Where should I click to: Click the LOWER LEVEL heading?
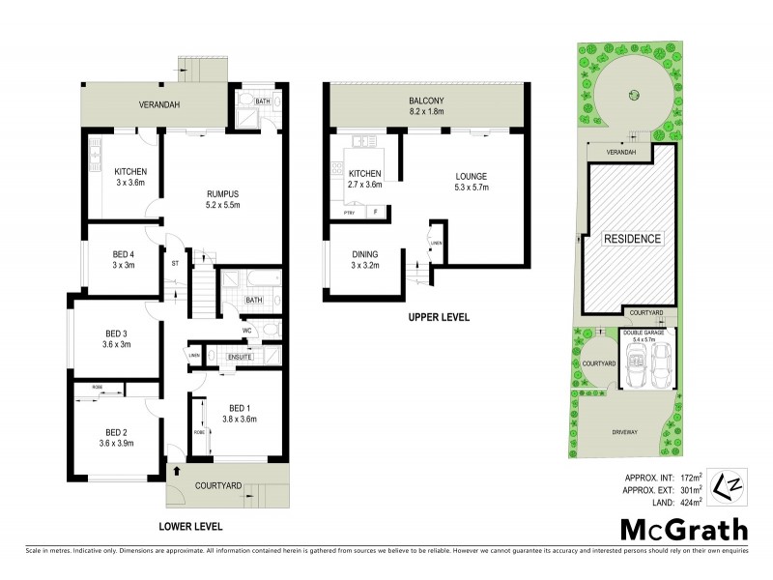pos(190,527)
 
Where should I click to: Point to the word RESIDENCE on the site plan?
pos(633,238)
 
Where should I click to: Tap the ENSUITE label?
pos(240,357)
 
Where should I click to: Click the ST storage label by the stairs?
pos(175,262)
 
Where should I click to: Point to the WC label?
pos(247,330)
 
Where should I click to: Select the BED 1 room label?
pos(241,413)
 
